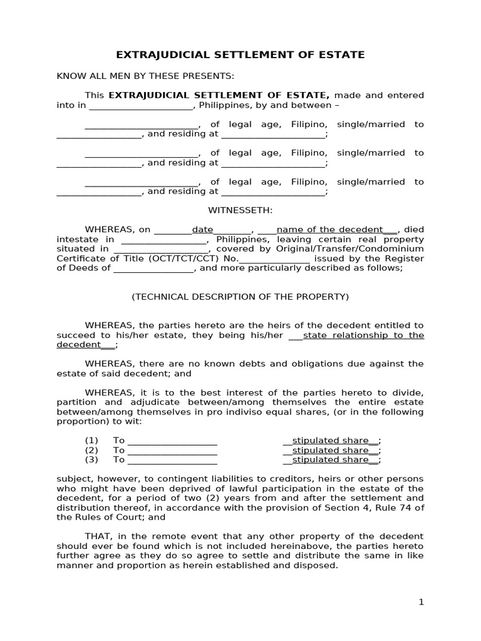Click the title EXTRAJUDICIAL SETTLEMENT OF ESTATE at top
tap(240, 55)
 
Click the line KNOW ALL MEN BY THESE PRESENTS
tap(145, 76)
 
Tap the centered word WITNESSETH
tap(240, 210)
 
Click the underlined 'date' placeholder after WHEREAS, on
tap(202, 230)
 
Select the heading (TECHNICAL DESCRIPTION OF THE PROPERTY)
tap(240, 297)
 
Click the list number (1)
tap(92, 441)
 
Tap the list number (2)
tap(92, 450)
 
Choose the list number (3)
tap(92, 459)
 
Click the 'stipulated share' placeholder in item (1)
tap(331, 441)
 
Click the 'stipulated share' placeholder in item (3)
tap(331, 459)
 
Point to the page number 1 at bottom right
tap(421, 602)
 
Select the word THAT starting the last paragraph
tap(98, 536)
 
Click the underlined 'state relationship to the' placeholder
tap(363, 335)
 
